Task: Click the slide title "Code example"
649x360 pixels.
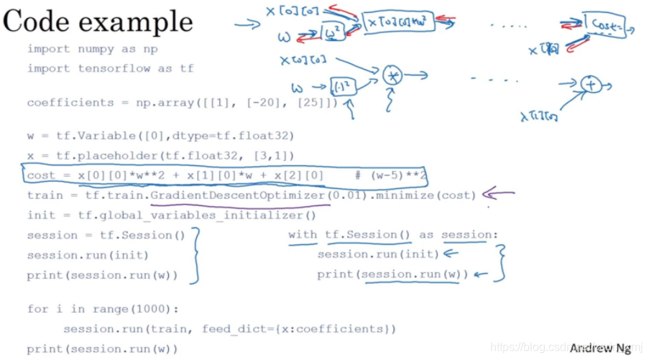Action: [x=98, y=22]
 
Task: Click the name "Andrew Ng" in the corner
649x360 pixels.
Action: [x=600, y=349]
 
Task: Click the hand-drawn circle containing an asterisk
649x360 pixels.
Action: [x=392, y=75]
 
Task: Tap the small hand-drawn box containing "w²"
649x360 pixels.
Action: [x=333, y=32]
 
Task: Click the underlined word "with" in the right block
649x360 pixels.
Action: [x=302, y=235]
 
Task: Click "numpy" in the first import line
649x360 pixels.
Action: [x=86, y=49]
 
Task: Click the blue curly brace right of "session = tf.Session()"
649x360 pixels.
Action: [x=193, y=255]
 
